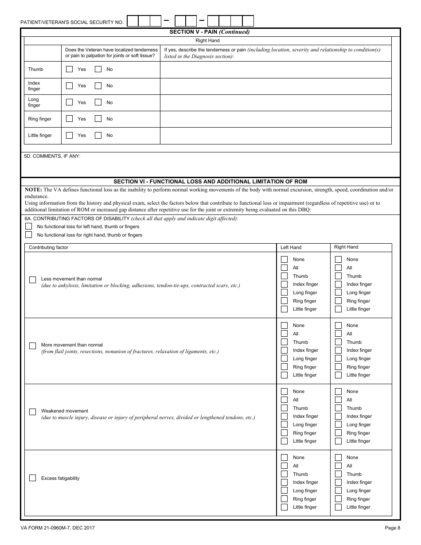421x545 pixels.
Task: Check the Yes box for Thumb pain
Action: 69,69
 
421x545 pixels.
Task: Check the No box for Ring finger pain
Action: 98,119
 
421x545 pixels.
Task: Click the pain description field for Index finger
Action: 275,86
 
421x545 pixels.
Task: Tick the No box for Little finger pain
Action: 98,135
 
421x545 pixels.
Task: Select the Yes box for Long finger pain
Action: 69,102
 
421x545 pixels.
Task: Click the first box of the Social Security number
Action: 133,21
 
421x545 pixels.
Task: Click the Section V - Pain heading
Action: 210,32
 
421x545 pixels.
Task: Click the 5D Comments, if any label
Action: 52,156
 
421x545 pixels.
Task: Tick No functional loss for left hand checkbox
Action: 29,226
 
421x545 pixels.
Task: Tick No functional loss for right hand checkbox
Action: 29,235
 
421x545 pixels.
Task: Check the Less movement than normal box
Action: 32,280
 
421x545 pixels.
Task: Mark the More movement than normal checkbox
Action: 32,346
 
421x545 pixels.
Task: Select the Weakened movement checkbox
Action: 32,412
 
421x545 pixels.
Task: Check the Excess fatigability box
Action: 32,478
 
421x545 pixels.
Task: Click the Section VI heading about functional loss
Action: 210,182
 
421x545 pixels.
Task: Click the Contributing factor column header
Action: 48,247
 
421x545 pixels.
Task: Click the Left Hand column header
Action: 291,247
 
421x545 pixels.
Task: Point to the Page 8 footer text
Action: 392,528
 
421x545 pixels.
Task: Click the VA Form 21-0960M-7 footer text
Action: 57,528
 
